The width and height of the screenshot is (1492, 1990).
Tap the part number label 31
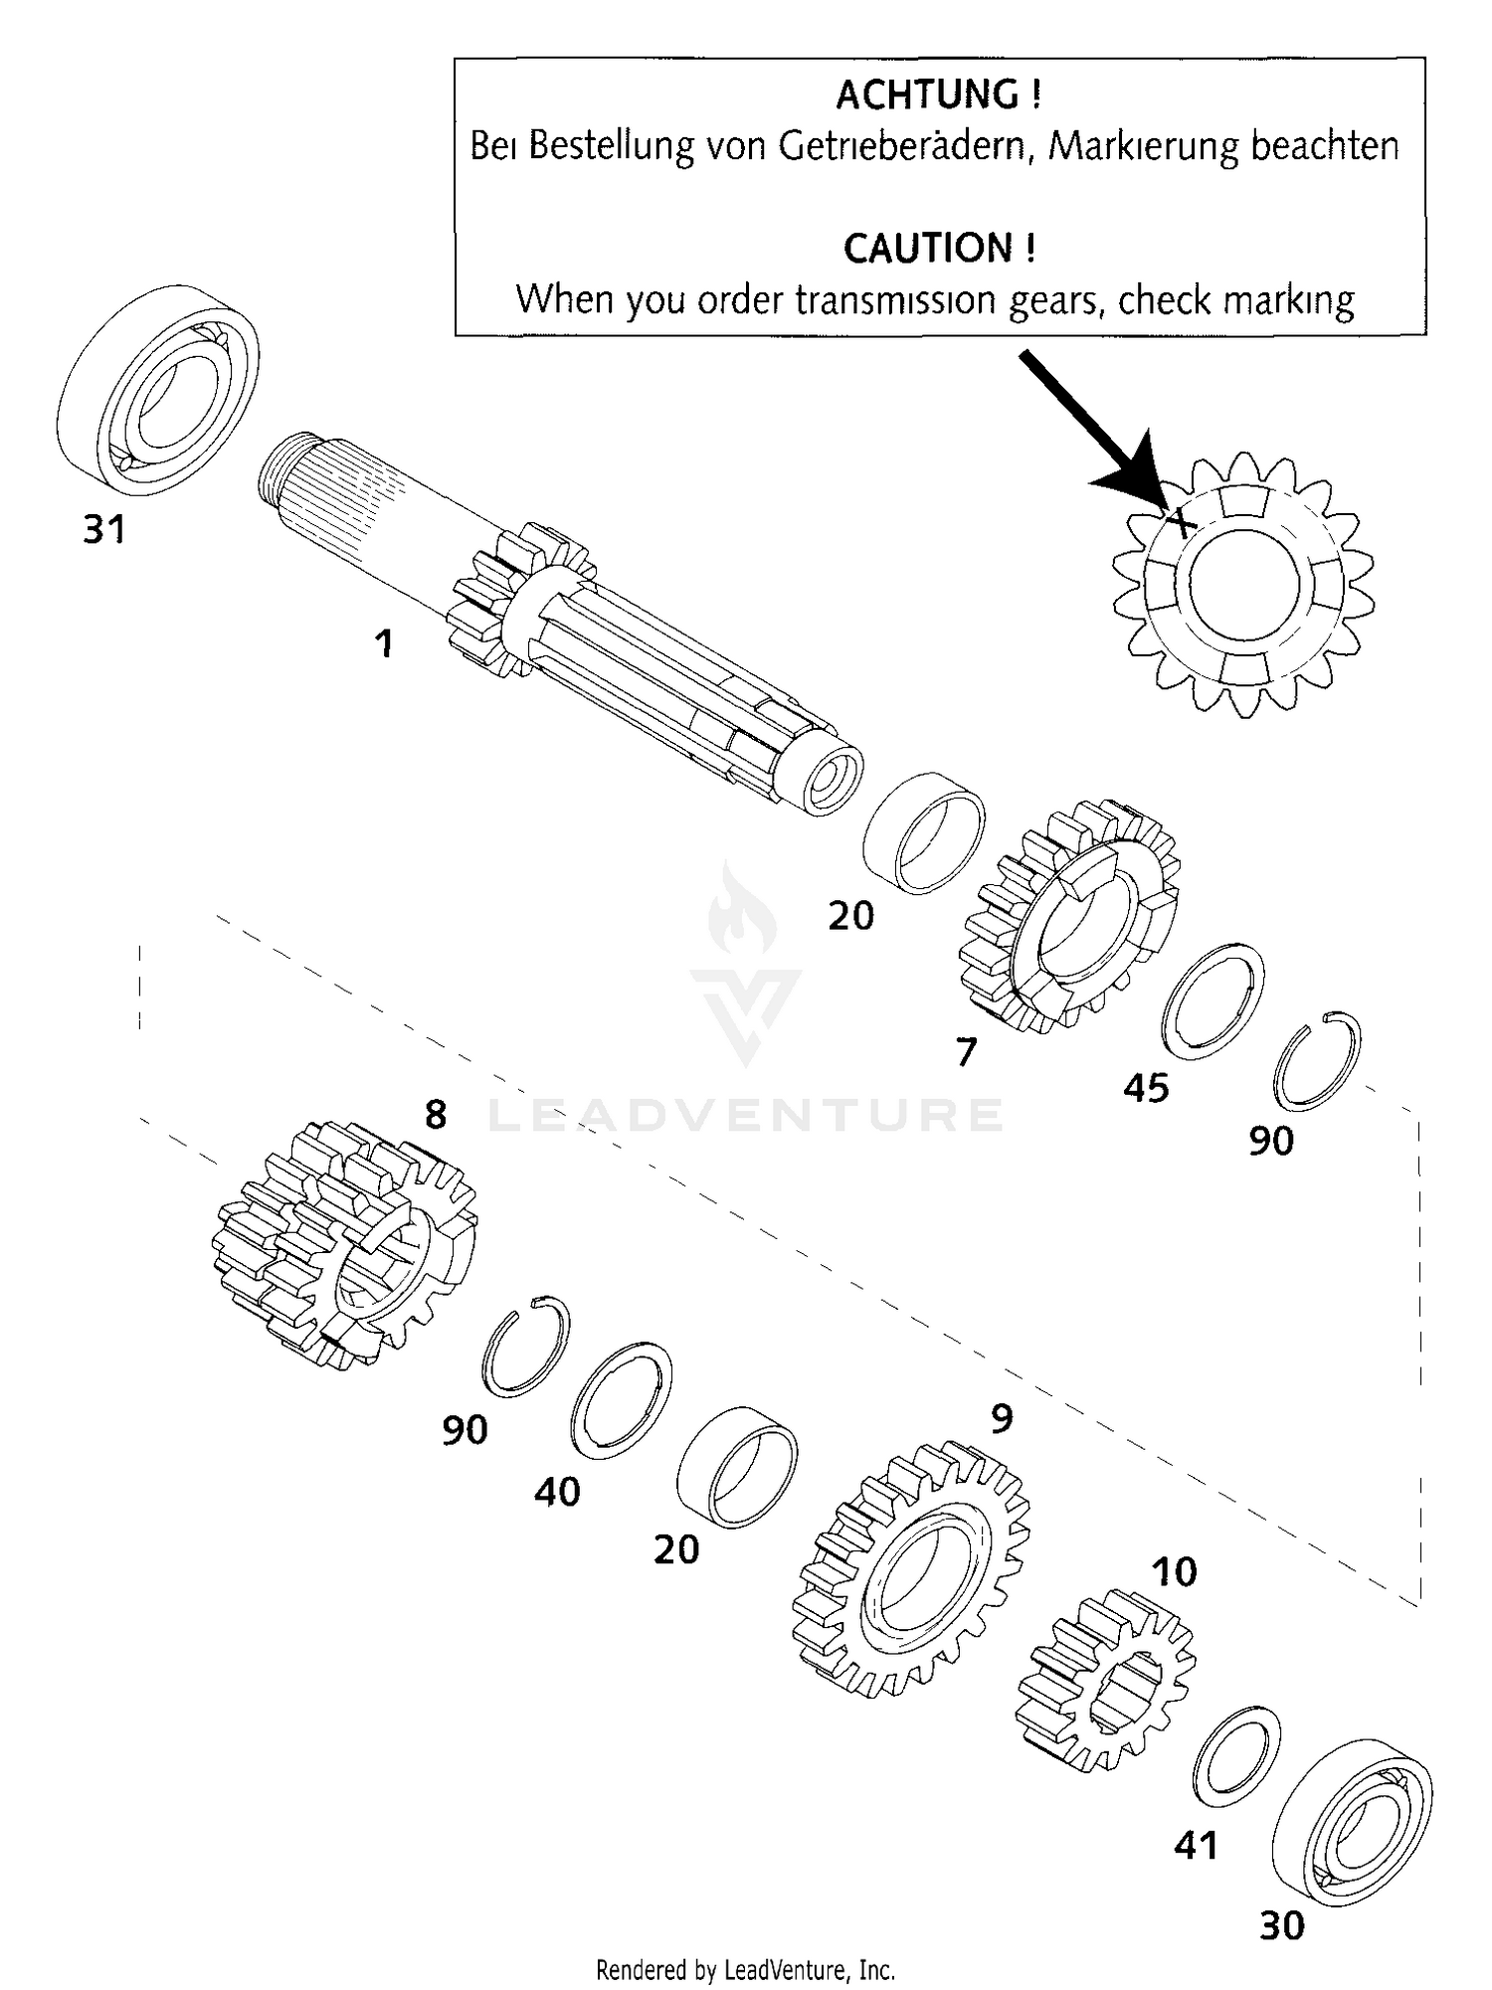coord(104,530)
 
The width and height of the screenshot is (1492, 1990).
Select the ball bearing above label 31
coord(157,390)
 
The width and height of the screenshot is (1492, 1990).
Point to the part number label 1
coord(384,643)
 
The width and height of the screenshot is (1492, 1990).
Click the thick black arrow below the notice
coord(1089,422)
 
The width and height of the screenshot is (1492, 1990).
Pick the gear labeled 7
coord(1069,915)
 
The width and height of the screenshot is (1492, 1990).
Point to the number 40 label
coord(557,1492)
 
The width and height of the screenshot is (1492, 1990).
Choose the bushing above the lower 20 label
coord(737,1467)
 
